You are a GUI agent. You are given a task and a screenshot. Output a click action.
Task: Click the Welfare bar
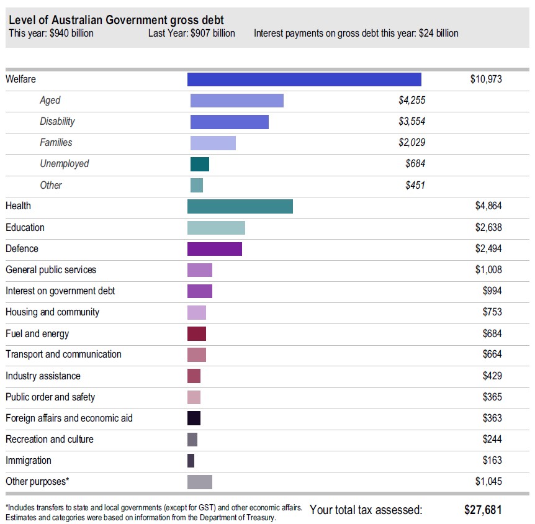click(x=304, y=79)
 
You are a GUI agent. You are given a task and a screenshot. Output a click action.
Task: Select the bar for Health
click(x=240, y=206)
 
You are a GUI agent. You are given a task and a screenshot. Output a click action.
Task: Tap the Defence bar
click(x=214, y=248)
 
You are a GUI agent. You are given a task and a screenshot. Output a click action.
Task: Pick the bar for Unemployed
click(x=199, y=164)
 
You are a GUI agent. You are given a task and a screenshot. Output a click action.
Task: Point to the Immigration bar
click(x=191, y=461)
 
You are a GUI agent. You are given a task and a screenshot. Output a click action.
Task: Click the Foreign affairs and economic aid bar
click(x=194, y=418)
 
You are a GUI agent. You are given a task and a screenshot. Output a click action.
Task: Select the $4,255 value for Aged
click(x=411, y=101)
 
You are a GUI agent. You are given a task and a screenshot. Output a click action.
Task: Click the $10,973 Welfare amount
click(x=485, y=79)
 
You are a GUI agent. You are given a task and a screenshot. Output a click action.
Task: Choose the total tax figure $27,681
click(x=483, y=510)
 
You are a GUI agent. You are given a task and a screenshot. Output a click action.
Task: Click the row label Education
click(x=25, y=227)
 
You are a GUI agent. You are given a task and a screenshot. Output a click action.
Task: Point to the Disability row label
click(x=57, y=122)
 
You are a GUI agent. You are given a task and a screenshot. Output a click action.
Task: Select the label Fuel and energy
click(x=37, y=333)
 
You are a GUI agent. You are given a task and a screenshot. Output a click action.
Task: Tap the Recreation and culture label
click(x=50, y=439)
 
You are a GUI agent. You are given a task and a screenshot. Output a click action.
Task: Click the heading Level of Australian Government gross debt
click(x=117, y=20)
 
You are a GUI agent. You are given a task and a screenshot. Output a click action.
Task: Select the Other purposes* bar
click(x=199, y=482)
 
